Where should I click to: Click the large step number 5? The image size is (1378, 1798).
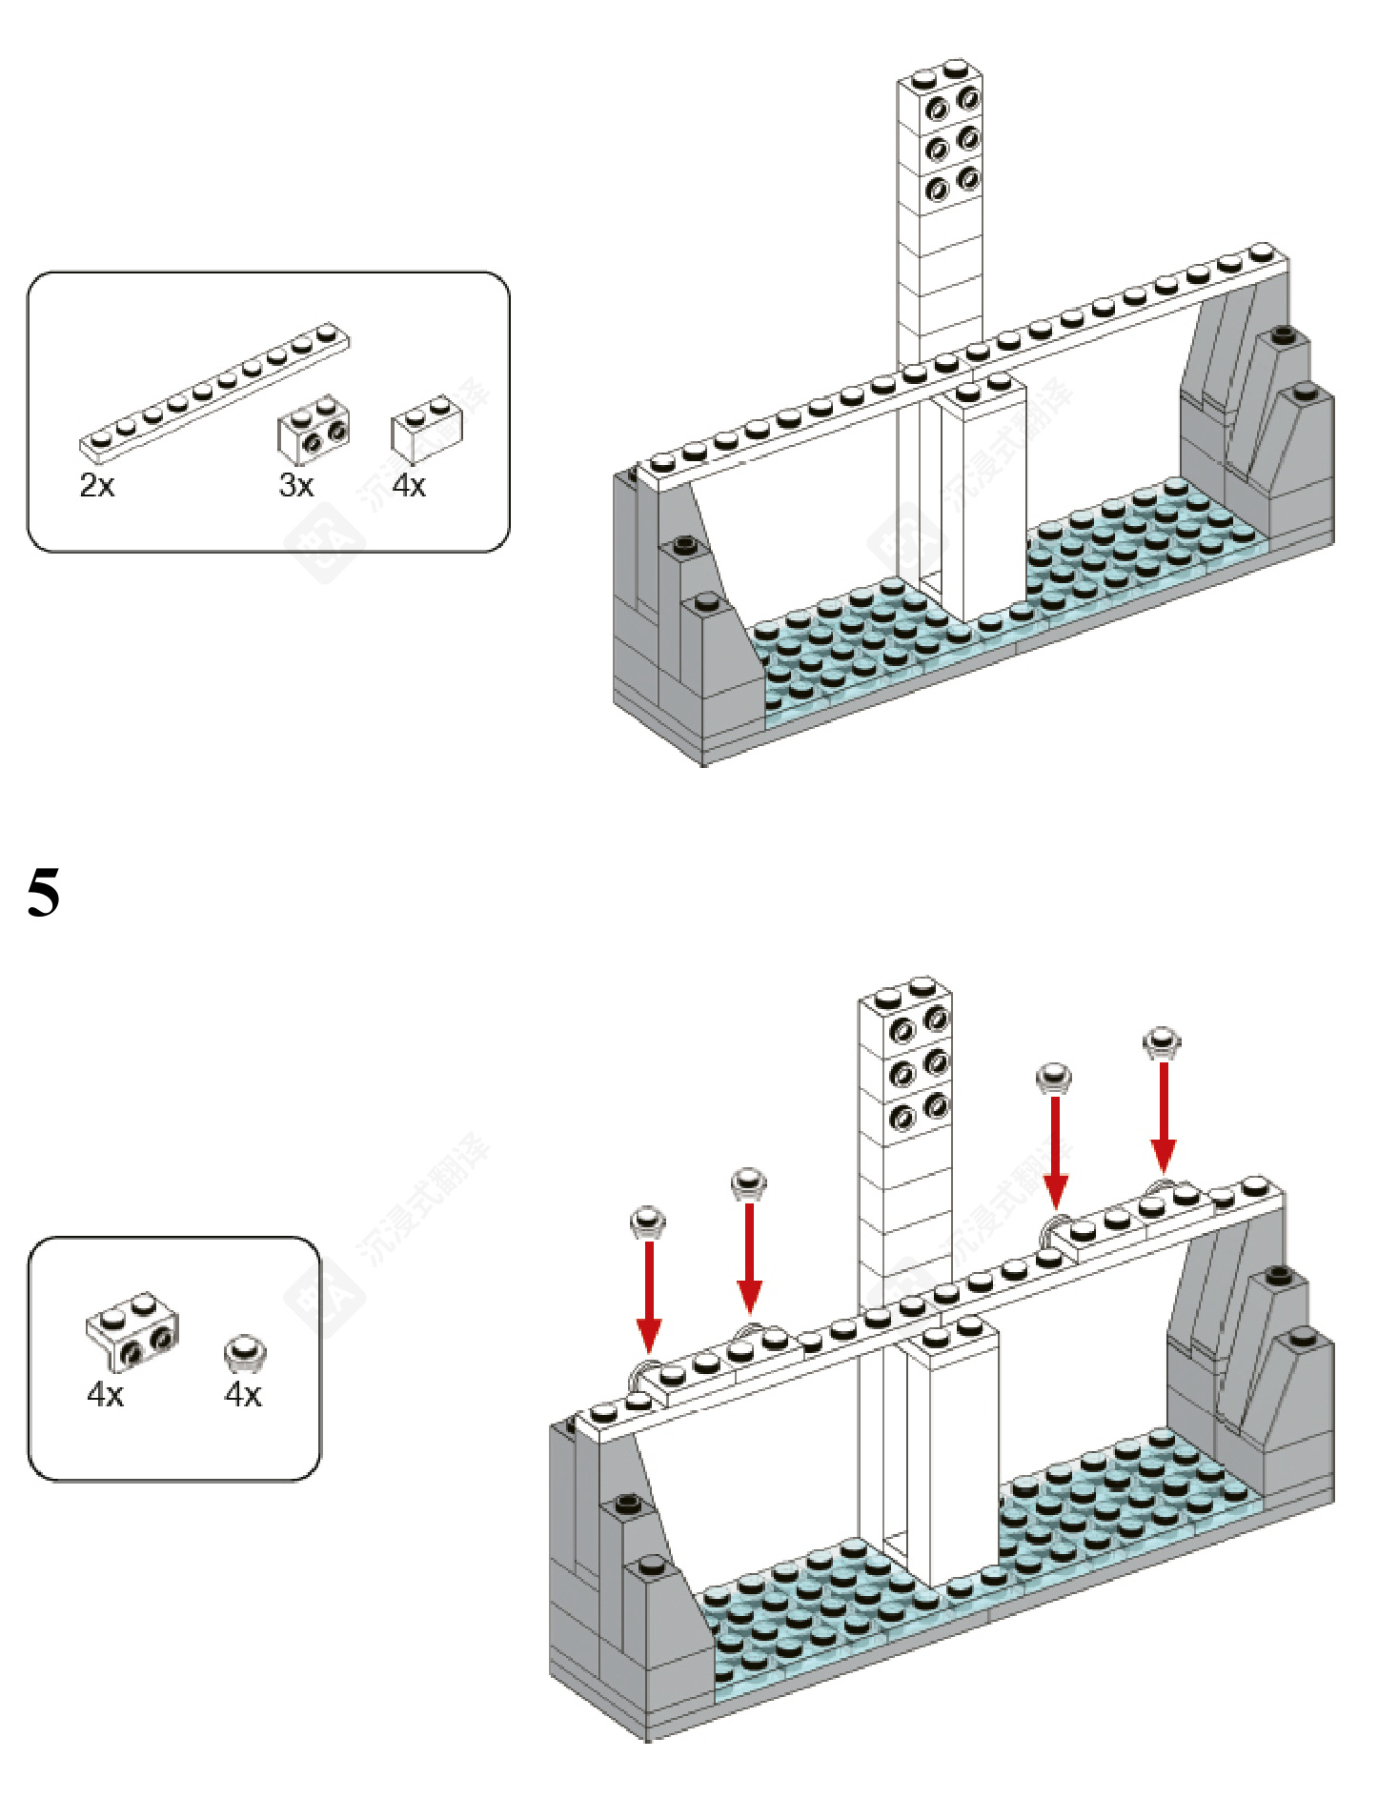pos(44,892)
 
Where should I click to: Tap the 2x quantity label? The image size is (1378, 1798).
pos(97,486)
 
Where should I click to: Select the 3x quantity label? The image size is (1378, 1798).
pos(296,486)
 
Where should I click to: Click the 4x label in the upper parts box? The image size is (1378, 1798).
pos(409,486)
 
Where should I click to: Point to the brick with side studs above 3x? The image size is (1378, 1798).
pos(314,428)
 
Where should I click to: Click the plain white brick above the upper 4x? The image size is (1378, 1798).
pos(426,429)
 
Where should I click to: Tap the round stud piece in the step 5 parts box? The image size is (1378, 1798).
pos(244,1351)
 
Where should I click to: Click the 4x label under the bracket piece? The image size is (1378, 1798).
pos(106,1395)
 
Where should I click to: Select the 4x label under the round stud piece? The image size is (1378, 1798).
pos(243,1395)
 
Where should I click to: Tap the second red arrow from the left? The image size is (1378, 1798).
pos(750,1259)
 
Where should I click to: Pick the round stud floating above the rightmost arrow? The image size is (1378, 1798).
pos(1162,1041)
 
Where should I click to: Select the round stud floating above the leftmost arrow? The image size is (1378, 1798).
pos(648,1222)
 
